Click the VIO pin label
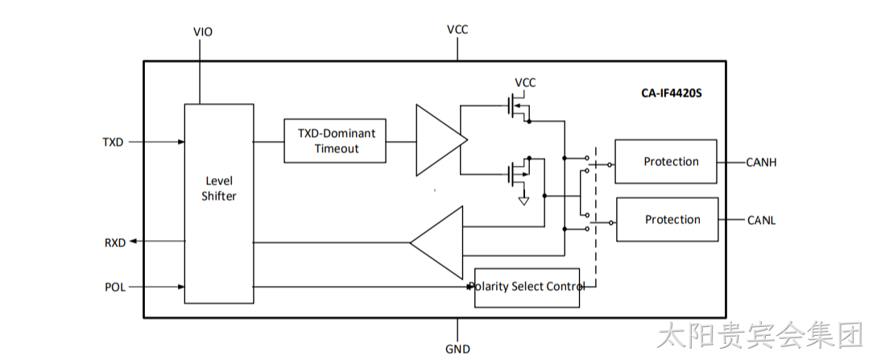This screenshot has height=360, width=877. coord(202,32)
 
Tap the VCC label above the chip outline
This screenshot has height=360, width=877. coord(457,30)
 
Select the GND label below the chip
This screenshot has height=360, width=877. coord(457,350)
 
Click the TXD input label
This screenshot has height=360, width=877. coord(113,142)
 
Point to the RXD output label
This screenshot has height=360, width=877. coord(115,242)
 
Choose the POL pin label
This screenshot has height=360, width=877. coord(115,288)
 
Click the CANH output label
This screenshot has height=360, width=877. coord(761,163)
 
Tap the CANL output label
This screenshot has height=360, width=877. coord(761,220)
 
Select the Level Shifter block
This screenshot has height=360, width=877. coord(219,204)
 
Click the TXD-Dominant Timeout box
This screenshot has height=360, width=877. coord(335,141)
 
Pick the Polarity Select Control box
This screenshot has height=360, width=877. coord(527,288)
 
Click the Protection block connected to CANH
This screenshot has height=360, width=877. coord(665,162)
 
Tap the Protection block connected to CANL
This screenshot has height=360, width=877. coord(668,219)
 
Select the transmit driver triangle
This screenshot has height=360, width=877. coord(441,140)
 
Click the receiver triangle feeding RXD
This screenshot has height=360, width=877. coord(436,242)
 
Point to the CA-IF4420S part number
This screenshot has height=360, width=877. coord(671,93)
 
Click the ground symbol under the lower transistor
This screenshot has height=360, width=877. coord(523,200)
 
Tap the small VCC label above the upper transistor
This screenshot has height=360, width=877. coord(525,83)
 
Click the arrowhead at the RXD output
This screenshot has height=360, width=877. coord(134,241)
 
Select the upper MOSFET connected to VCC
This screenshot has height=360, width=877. coord(517,109)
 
